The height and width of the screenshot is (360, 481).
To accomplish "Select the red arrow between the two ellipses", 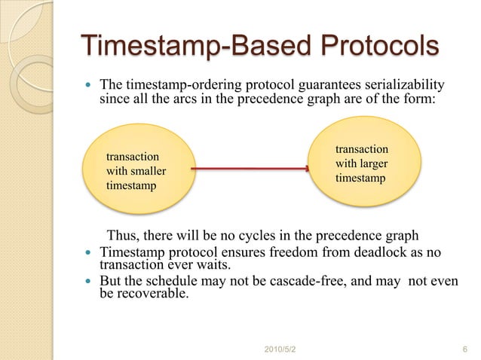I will pyautogui.click(x=249, y=169).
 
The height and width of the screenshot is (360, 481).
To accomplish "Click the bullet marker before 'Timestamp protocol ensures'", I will pyautogui.click(x=90, y=252).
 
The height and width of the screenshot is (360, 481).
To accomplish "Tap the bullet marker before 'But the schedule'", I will pyautogui.click(x=90, y=282).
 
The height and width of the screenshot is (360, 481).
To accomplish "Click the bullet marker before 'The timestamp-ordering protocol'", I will pyautogui.click(x=90, y=84).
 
